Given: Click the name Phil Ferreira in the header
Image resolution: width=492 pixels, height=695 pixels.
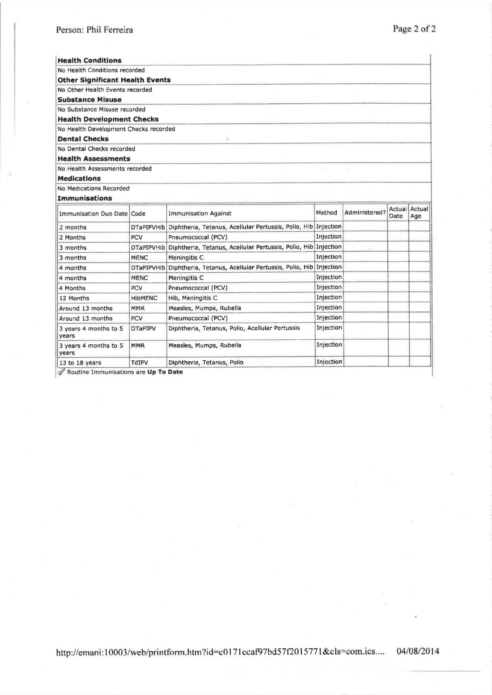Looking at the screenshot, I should point(110,30).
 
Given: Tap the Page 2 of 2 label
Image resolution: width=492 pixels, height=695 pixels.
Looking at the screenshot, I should point(414,29).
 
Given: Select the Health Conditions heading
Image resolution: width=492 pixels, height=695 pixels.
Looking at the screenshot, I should point(90,60).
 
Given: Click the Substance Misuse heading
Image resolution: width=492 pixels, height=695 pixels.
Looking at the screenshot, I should point(90,100).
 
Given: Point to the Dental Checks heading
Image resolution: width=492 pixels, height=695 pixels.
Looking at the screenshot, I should point(83,139).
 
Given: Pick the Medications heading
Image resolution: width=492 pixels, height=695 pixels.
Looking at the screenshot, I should point(79,179).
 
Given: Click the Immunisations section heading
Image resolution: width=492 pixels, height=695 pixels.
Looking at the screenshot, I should point(85,198).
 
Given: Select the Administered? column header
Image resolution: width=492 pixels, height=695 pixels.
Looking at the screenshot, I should point(365,213).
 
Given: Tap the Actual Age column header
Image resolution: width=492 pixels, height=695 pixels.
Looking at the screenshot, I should point(419,212).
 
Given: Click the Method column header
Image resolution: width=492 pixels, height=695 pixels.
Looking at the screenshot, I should point(326,213).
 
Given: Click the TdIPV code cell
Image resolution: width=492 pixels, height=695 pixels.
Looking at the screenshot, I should point(139,362).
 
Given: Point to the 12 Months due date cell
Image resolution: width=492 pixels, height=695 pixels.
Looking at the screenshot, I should point(74,298).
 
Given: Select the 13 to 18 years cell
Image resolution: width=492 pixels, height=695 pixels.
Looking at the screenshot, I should point(80,362).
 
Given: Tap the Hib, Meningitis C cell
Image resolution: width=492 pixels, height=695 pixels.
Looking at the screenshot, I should point(193,298).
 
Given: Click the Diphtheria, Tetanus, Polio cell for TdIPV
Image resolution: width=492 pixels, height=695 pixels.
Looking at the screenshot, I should point(205,362).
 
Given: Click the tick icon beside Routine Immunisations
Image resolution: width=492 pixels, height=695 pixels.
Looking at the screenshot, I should point(61,372).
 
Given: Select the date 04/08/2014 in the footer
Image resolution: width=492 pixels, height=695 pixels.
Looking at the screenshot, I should point(418,652).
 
